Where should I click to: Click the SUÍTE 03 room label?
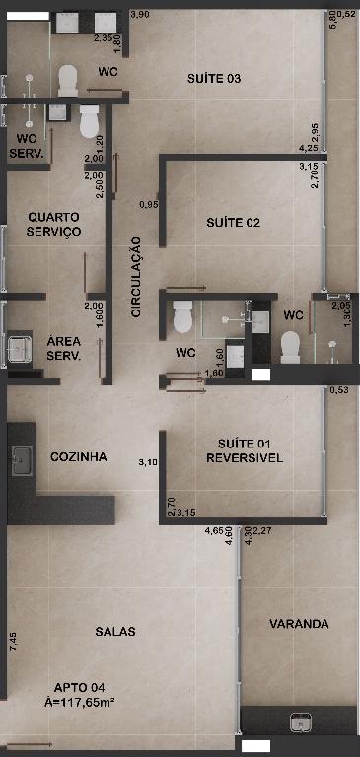(214, 79)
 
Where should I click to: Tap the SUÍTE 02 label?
(233, 223)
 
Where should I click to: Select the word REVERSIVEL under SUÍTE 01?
(245, 458)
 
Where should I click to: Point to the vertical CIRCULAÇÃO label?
(136, 276)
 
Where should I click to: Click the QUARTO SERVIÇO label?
(53, 224)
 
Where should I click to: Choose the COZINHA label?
(78, 456)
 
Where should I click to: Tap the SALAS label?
(115, 631)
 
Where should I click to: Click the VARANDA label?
(299, 624)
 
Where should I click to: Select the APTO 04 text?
(79, 687)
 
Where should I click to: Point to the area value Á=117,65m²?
(79, 702)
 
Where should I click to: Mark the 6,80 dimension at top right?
(332, 20)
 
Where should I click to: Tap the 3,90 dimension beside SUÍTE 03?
(140, 15)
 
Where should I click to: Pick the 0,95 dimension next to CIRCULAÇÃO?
(148, 205)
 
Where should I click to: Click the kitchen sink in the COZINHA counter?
(23, 460)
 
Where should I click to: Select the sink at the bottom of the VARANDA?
(300, 723)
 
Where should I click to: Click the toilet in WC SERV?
(90, 121)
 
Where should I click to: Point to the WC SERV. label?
(27, 146)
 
